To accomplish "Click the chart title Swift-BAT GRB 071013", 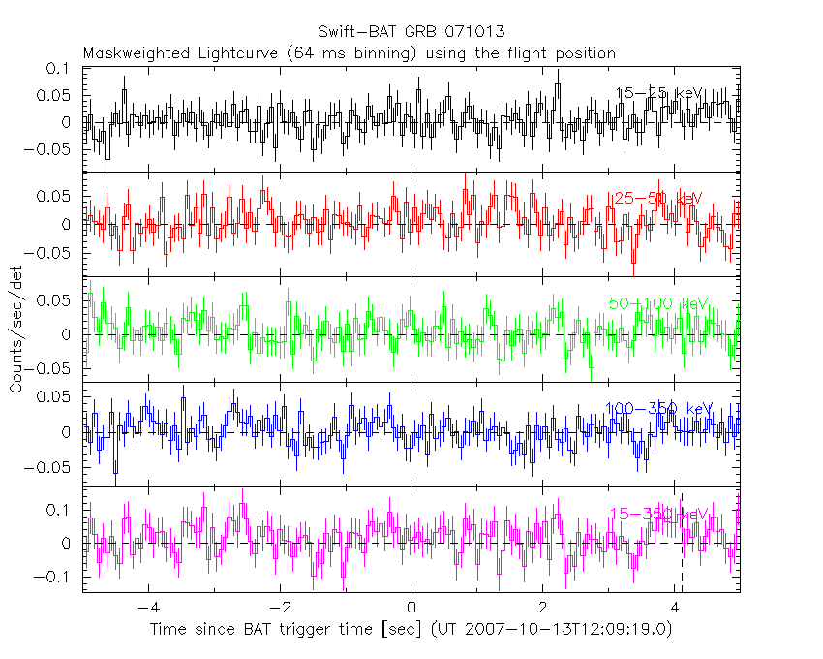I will pos(411,32).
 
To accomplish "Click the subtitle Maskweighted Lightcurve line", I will pos(349,52).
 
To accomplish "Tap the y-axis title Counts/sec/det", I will pos(16,330).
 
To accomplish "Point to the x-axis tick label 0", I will pos(411,612).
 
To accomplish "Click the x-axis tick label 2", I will pos(543,612).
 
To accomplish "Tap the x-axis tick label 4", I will pos(675,612).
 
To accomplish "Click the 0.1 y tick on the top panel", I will pos(59,69).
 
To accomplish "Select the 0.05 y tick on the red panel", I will pos(55,196).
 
